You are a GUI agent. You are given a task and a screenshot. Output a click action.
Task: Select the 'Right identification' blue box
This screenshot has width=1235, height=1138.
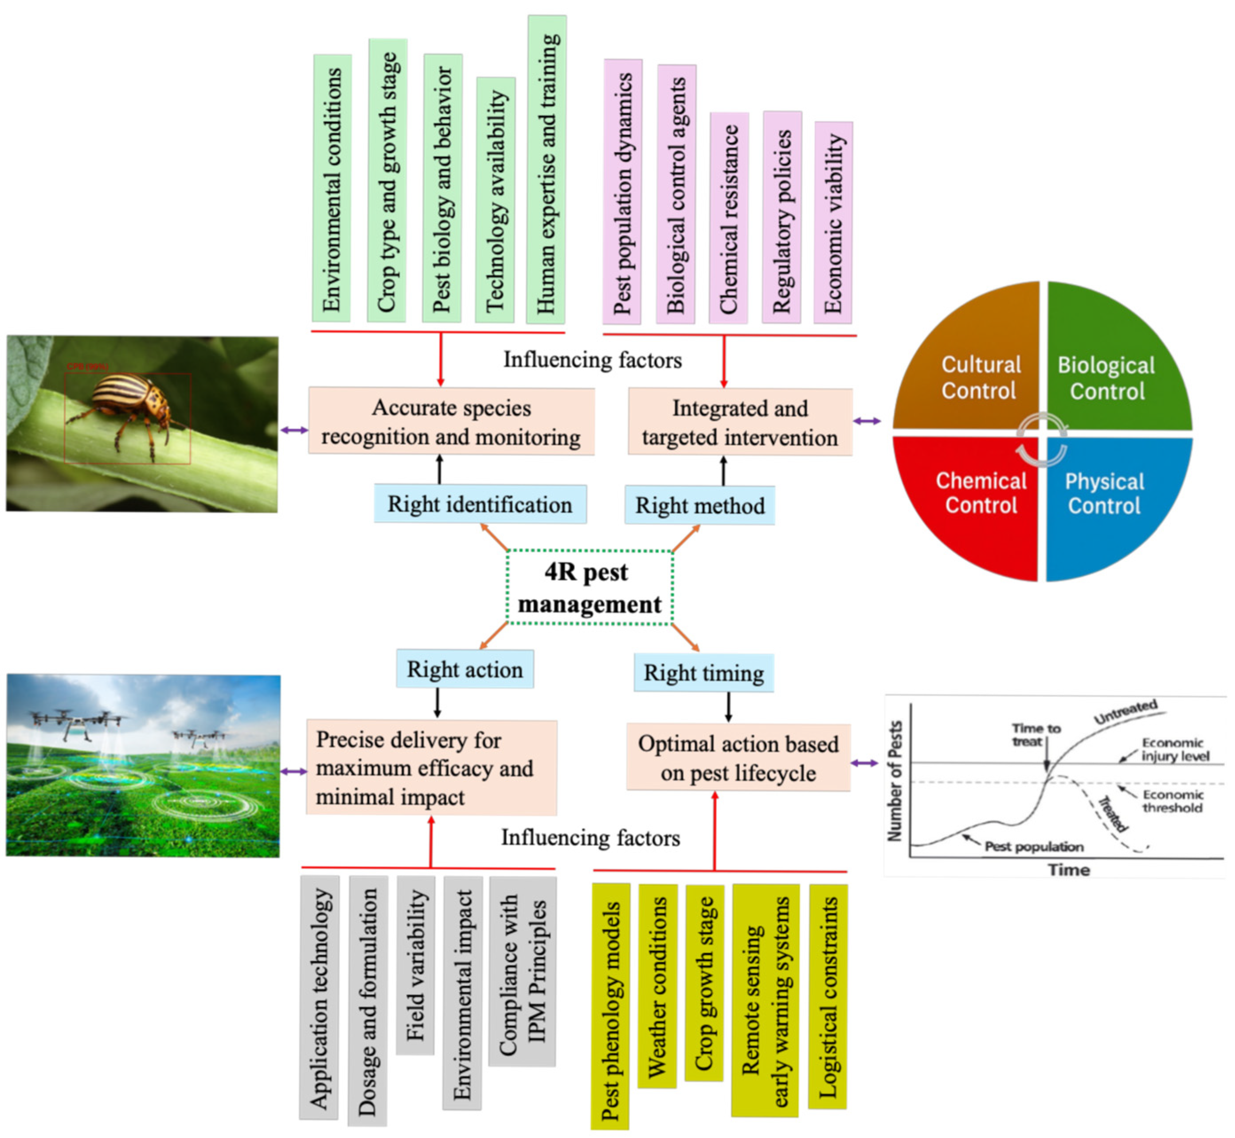(x=480, y=504)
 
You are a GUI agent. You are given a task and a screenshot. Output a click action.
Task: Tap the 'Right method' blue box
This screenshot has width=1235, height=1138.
(x=700, y=506)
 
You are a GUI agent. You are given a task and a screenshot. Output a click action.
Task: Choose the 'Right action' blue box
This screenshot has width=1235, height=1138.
(x=465, y=670)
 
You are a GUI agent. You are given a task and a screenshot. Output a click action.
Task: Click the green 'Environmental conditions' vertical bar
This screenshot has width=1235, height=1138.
(x=332, y=188)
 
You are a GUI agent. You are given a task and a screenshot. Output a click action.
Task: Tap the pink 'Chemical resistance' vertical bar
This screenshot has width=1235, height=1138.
(x=729, y=218)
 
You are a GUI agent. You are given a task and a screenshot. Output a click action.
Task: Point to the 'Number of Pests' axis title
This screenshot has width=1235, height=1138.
(x=895, y=781)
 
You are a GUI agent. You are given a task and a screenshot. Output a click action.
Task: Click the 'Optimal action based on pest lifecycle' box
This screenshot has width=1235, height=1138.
(x=738, y=757)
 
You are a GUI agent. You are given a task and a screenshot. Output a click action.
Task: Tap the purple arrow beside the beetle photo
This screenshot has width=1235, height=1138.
(x=294, y=430)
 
